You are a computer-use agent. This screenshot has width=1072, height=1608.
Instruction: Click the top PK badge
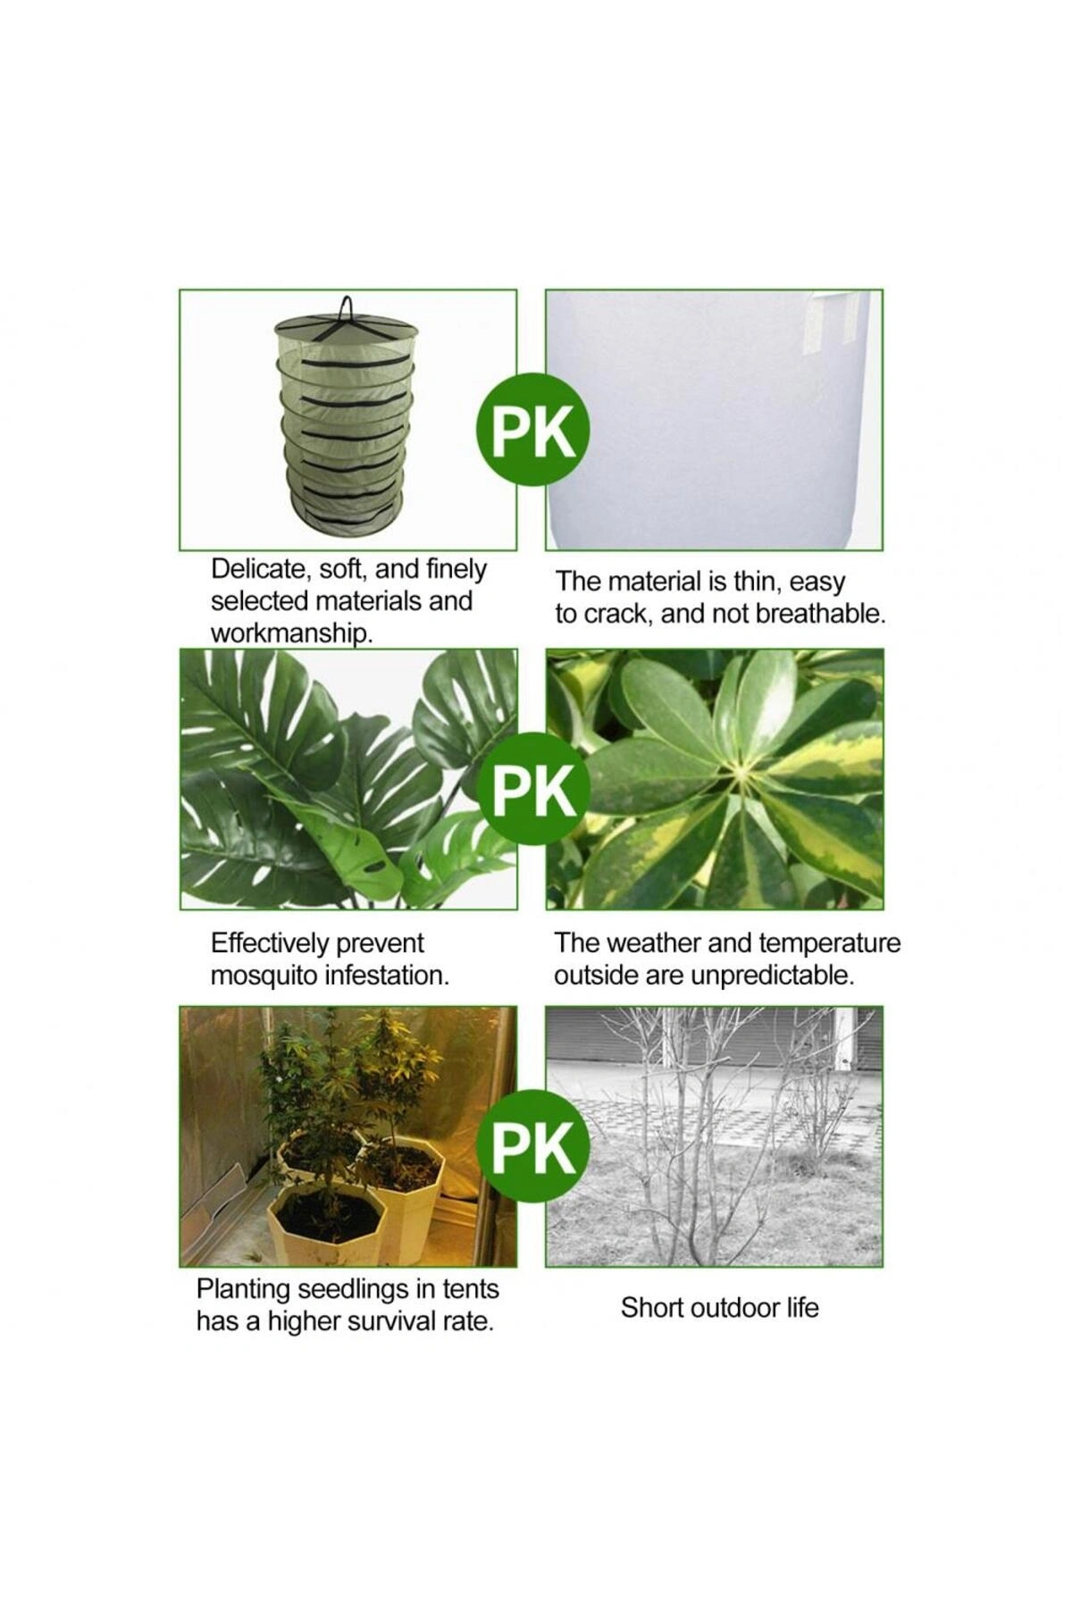(532, 431)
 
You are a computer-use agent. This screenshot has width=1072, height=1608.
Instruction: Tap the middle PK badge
(532, 790)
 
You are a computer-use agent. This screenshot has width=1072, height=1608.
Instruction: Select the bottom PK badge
(532, 1145)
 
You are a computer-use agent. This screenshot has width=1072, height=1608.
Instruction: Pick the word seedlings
(343, 1290)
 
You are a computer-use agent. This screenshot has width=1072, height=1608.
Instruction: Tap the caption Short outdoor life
(720, 1308)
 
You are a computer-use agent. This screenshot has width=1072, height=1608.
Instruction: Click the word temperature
(830, 943)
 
